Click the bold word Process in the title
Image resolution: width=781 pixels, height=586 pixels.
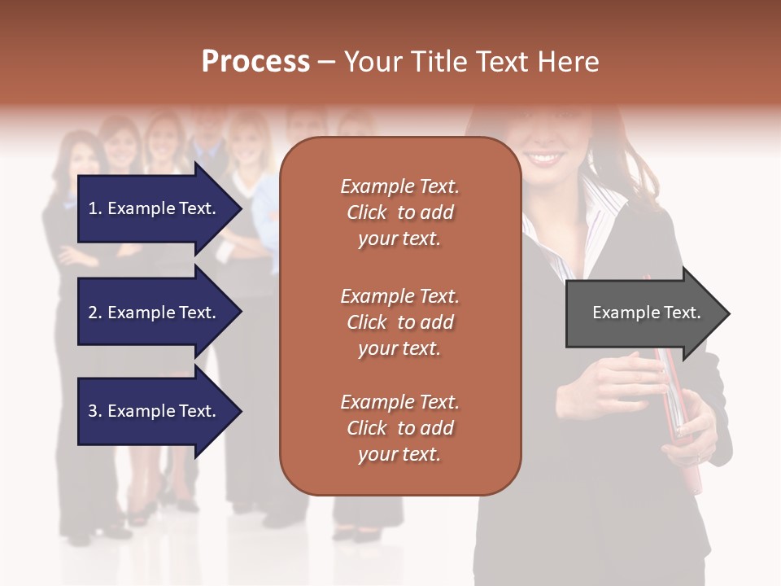tap(255, 62)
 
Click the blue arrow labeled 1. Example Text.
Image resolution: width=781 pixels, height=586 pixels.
tap(155, 208)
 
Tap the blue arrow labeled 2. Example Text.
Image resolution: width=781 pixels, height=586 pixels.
tap(155, 313)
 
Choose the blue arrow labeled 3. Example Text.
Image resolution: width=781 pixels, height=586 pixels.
tap(155, 411)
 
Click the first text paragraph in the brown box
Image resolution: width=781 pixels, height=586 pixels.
tap(399, 212)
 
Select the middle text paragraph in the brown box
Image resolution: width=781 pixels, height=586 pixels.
tap(399, 322)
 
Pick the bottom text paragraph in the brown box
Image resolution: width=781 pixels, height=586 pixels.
tap(399, 428)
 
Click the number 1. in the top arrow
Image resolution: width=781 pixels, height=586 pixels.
tap(95, 208)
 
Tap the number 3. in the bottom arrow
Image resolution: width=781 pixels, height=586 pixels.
tap(95, 411)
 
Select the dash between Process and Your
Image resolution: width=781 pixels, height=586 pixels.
tap(326, 63)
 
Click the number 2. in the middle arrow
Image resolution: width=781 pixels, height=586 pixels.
tap(95, 313)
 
